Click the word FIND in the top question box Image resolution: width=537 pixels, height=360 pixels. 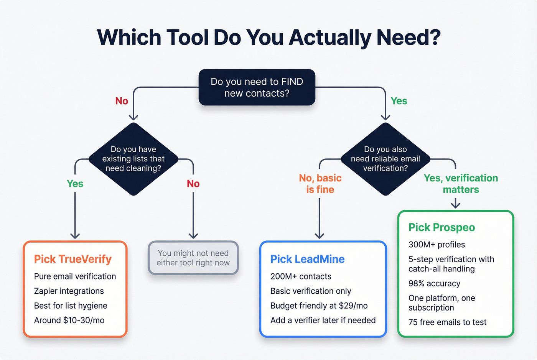point(292,82)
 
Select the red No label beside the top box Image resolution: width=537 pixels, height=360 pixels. point(122,101)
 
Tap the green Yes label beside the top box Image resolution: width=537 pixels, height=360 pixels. point(399,101)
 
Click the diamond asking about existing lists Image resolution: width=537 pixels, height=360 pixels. point(133,159)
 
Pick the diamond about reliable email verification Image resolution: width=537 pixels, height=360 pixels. point(385,159)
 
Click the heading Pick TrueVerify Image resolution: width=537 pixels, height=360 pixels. point(72,259)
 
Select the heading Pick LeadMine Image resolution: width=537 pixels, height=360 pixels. point(307,259)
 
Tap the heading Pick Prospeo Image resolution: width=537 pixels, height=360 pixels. point(441,227)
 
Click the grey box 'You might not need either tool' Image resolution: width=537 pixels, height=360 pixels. point(193,258)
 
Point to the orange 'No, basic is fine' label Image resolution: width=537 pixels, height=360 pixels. point(320,184)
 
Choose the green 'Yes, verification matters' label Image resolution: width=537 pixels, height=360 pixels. point(461,184)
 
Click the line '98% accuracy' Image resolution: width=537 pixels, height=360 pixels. point(434,283)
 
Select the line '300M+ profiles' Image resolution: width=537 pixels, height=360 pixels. point(437,245)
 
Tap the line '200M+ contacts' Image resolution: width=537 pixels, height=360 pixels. point(301,276)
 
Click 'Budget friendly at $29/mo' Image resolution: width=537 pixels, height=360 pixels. point(319,306)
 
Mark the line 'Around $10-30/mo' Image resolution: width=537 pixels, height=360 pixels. point(69,320)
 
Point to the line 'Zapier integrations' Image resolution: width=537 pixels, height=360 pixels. point(69,291)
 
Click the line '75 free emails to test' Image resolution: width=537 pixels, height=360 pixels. point(447,322)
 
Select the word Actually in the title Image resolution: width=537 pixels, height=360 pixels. point(330,38)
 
